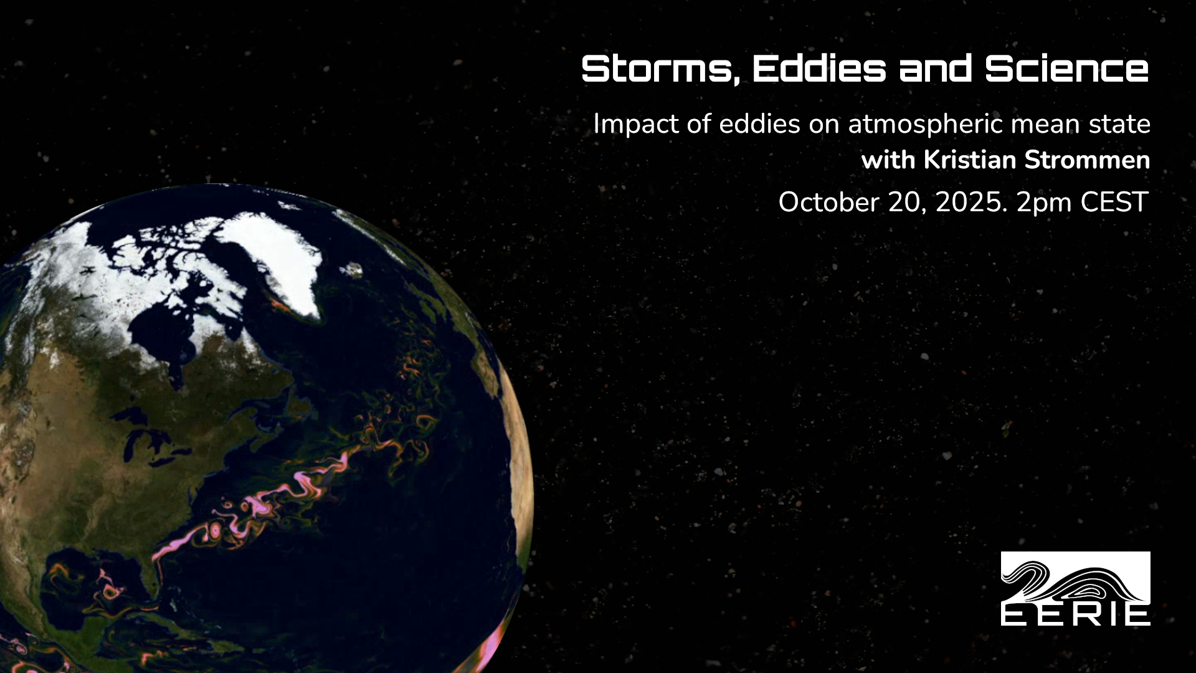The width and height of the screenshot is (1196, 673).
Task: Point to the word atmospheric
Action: (x=926, y=125)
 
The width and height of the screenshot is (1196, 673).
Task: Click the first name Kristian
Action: (x=970, y=160)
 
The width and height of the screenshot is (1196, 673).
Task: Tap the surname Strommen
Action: (x=1087, y=160)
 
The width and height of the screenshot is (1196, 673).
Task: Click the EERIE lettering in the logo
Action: (x=1075, y=615)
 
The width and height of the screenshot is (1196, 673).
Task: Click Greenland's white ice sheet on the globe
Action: (x=274, y=255)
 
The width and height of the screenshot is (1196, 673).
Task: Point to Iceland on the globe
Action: (x=353, y=270)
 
